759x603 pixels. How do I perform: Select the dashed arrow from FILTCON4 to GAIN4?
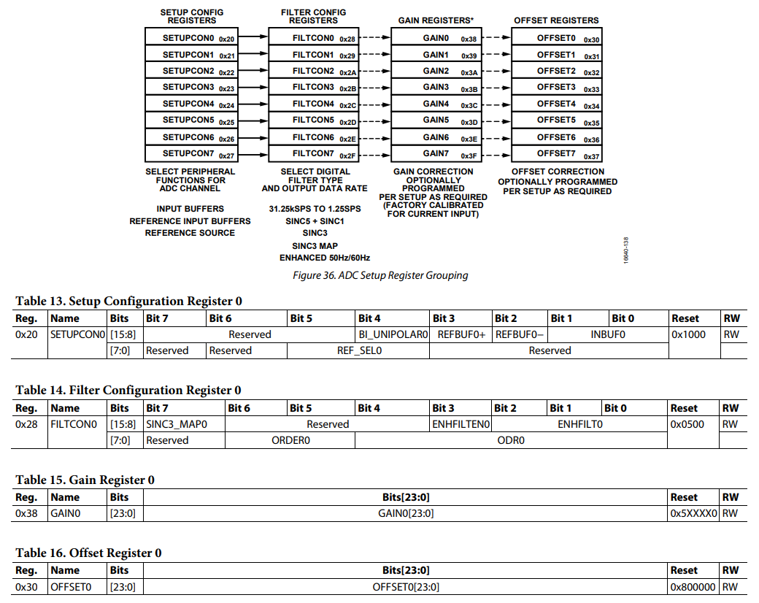click(376, 104)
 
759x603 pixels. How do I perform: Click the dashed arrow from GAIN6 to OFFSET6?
click(496, 137)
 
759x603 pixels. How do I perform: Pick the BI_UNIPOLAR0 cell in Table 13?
click(393, 334)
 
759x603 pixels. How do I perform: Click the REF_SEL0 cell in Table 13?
click(358, 350)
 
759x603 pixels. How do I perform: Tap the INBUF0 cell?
click(608, 334)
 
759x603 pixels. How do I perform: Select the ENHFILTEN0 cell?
click(461, 424)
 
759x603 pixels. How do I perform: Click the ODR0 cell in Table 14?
click(511, 440)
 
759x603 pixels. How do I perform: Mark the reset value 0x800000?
click(693, 587)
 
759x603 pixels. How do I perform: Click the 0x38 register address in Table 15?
click(26, 513)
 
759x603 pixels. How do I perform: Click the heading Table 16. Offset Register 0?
click(88, 553)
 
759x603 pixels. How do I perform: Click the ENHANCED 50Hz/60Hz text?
click(324, 258)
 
